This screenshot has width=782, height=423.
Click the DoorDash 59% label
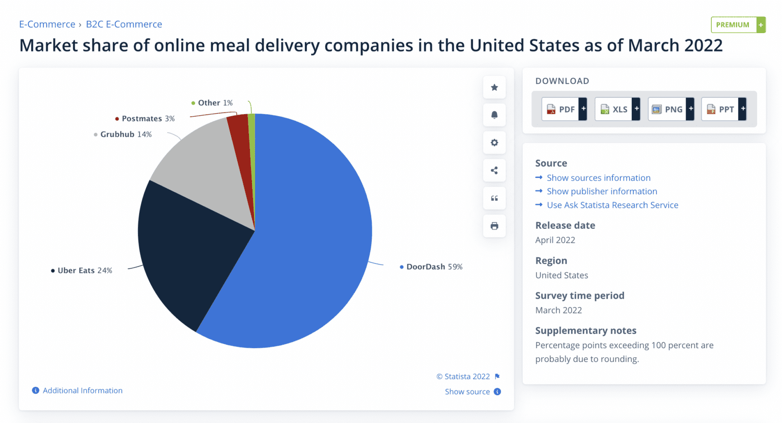pos(434,267)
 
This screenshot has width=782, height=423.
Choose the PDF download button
pos(564,109)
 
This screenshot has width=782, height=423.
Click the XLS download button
pos(617,109)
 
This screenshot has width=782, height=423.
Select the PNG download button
pos(671,109)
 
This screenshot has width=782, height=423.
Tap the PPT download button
pos(723,109)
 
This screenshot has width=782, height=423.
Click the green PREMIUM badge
pos(738,24)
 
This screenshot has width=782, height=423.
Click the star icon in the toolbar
pos(494,88)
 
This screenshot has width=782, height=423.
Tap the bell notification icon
pos(494,115)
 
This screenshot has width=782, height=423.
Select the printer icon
pos(494,226)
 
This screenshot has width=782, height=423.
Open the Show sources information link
pos(598,178)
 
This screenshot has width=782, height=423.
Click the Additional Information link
pos(82,390)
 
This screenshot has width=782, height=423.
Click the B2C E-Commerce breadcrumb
pos(124,24)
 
